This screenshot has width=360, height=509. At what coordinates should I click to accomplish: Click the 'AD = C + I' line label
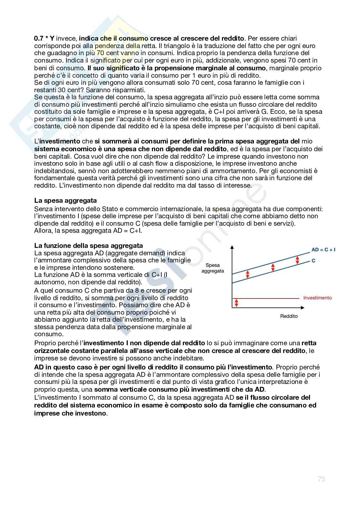click(x=323, y=250)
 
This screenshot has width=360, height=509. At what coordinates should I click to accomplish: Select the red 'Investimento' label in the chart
click(x=317, y=298)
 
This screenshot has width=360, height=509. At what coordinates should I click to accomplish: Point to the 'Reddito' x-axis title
click(x=289, y=316)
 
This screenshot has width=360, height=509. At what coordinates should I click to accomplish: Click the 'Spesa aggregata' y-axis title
click(x=212, y=268)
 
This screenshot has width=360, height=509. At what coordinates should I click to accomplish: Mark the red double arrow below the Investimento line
click(x=236, y=303)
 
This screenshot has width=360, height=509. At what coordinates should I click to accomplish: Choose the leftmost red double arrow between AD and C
click(x=248, y=274)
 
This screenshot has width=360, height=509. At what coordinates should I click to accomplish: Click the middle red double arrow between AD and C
click(x=273, y=267)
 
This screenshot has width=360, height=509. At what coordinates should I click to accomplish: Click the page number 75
click(x=321, y=479)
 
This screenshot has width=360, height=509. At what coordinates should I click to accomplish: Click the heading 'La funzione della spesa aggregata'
click(x=88, y=246)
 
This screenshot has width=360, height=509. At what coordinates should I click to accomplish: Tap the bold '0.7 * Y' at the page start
click(x=44, y=38)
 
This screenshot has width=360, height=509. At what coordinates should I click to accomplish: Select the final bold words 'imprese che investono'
click(x=70, y=413)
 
